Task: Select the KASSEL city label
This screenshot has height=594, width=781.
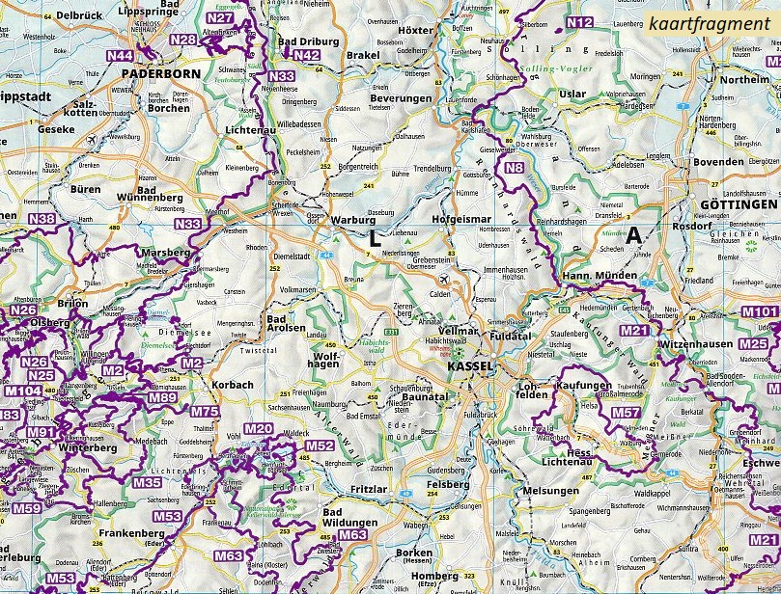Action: coord(470,367)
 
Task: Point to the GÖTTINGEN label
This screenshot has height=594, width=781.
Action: coord(738,206)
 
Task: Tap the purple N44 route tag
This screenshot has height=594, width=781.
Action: coord(121,56)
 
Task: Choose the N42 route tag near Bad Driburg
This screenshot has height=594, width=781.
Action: coord(306,56)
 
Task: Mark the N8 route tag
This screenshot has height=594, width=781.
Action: coord(515,169)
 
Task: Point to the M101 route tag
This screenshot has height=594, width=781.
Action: coord(758,311)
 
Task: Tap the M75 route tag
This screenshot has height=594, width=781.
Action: coord(205,412)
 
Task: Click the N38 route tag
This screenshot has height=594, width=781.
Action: coord(42,220)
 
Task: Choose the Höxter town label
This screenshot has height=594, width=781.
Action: coord(416,30)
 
